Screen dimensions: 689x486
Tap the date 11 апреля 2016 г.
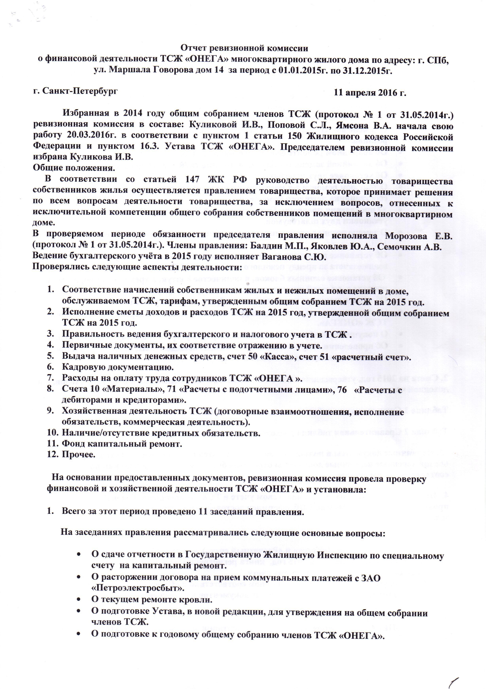(370, 93)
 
